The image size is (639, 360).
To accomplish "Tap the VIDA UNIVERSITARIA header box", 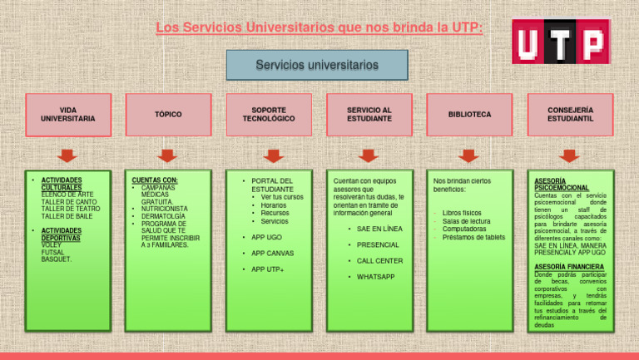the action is point(67,114).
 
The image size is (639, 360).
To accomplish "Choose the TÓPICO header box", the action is point(168,114).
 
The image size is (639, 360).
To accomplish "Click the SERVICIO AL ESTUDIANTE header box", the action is point(369,114).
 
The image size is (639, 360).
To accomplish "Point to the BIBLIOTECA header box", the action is point(469,114).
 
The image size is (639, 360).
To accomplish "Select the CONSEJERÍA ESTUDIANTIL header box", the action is point(570,114).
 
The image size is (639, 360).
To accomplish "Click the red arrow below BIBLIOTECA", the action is point(469,155).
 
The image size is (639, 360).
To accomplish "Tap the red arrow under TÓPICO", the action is point(168,155).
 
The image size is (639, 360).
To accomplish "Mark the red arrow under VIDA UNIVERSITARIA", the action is point(67,155).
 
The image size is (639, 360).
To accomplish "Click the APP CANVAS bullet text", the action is point(272,253).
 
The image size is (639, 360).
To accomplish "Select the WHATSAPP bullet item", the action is point(375,276).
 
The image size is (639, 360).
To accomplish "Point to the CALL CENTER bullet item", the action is point(379,260).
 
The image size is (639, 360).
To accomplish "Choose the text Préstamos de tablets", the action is point(473,237).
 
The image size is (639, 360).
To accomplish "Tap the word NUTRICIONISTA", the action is point(164,209).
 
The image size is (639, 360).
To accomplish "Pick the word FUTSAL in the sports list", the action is point(53,252).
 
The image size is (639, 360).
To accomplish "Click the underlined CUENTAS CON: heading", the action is point(155,180).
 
